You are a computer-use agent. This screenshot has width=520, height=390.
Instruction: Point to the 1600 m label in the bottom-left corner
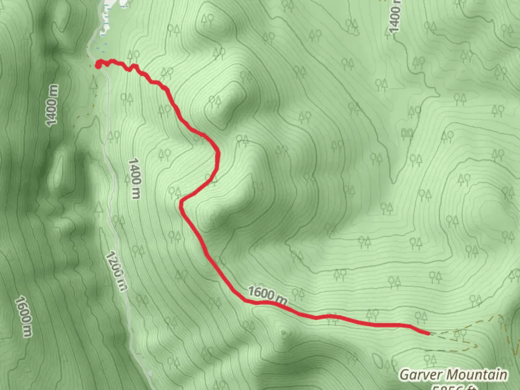pos(24,316)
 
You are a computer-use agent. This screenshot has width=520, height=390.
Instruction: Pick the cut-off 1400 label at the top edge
pos(394,16)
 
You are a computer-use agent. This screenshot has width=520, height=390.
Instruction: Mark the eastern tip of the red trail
pos(428,333)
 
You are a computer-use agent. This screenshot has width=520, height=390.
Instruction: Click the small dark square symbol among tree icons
pos(407,134)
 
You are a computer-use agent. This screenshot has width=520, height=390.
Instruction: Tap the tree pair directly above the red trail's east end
pos(421,317)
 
